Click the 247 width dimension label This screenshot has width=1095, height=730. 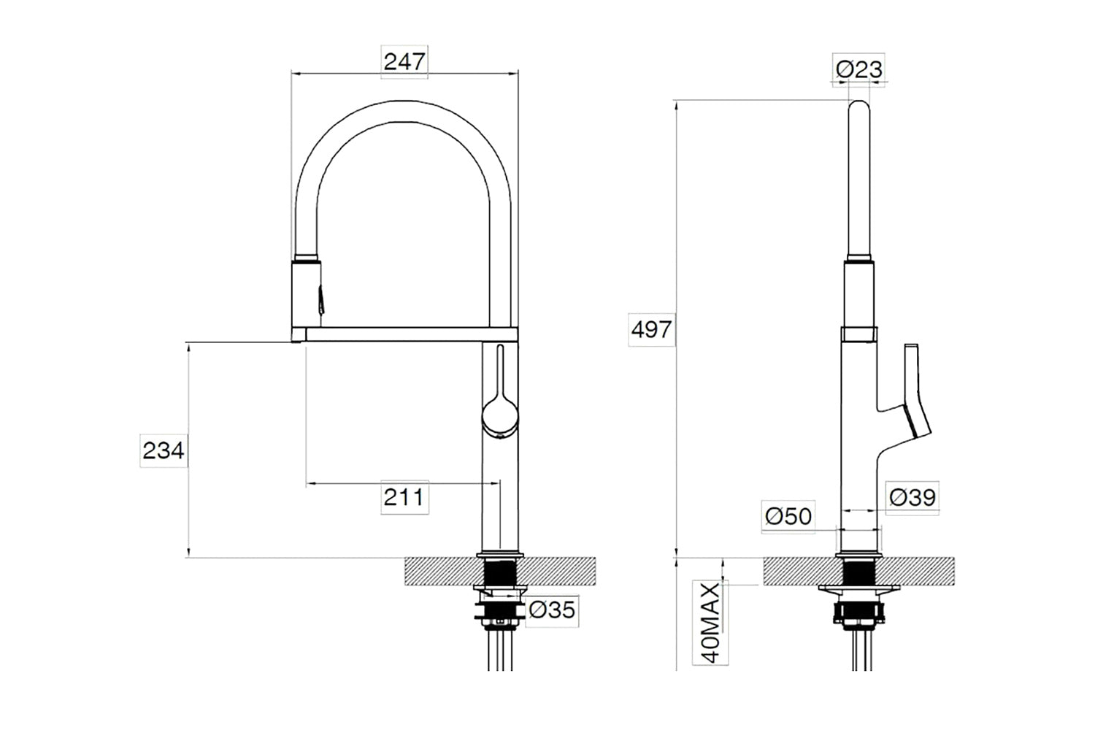tap(404, 62)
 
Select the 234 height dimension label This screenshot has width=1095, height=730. tap(164, 450)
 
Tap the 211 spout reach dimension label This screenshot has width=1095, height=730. tap(403, 497)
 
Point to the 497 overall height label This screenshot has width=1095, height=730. tap(651, 329)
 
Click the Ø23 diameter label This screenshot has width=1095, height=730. tap(859, 69)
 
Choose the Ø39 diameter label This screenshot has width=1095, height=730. tap(912, 498)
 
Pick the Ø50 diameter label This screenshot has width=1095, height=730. tap(788, 516)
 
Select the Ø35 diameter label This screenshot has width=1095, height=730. tap(552, 610)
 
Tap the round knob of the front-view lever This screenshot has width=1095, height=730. tap(499, 418)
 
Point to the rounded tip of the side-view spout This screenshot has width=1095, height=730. tap(859, 106)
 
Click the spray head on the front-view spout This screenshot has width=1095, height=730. tap(307, 294)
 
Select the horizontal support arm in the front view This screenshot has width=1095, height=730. tap(404, 334)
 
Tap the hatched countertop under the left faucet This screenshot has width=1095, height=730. tap(499, 571)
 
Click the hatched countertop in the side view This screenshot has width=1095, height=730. tap(859, 571)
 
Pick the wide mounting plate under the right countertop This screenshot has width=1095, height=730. tap(859, 588)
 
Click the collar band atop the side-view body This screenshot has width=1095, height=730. tap(859, 334)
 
